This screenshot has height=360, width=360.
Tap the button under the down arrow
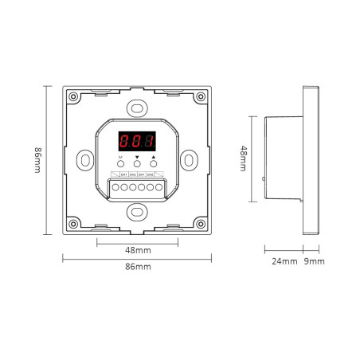[136, 166]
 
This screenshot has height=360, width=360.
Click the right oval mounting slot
[190, 160]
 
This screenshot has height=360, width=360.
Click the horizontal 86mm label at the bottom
[137, 266]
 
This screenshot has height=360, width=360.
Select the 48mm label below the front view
[137, 250]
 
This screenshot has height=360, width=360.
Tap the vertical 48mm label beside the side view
[245, 158]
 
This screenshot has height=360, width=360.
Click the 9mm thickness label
[315, 261]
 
